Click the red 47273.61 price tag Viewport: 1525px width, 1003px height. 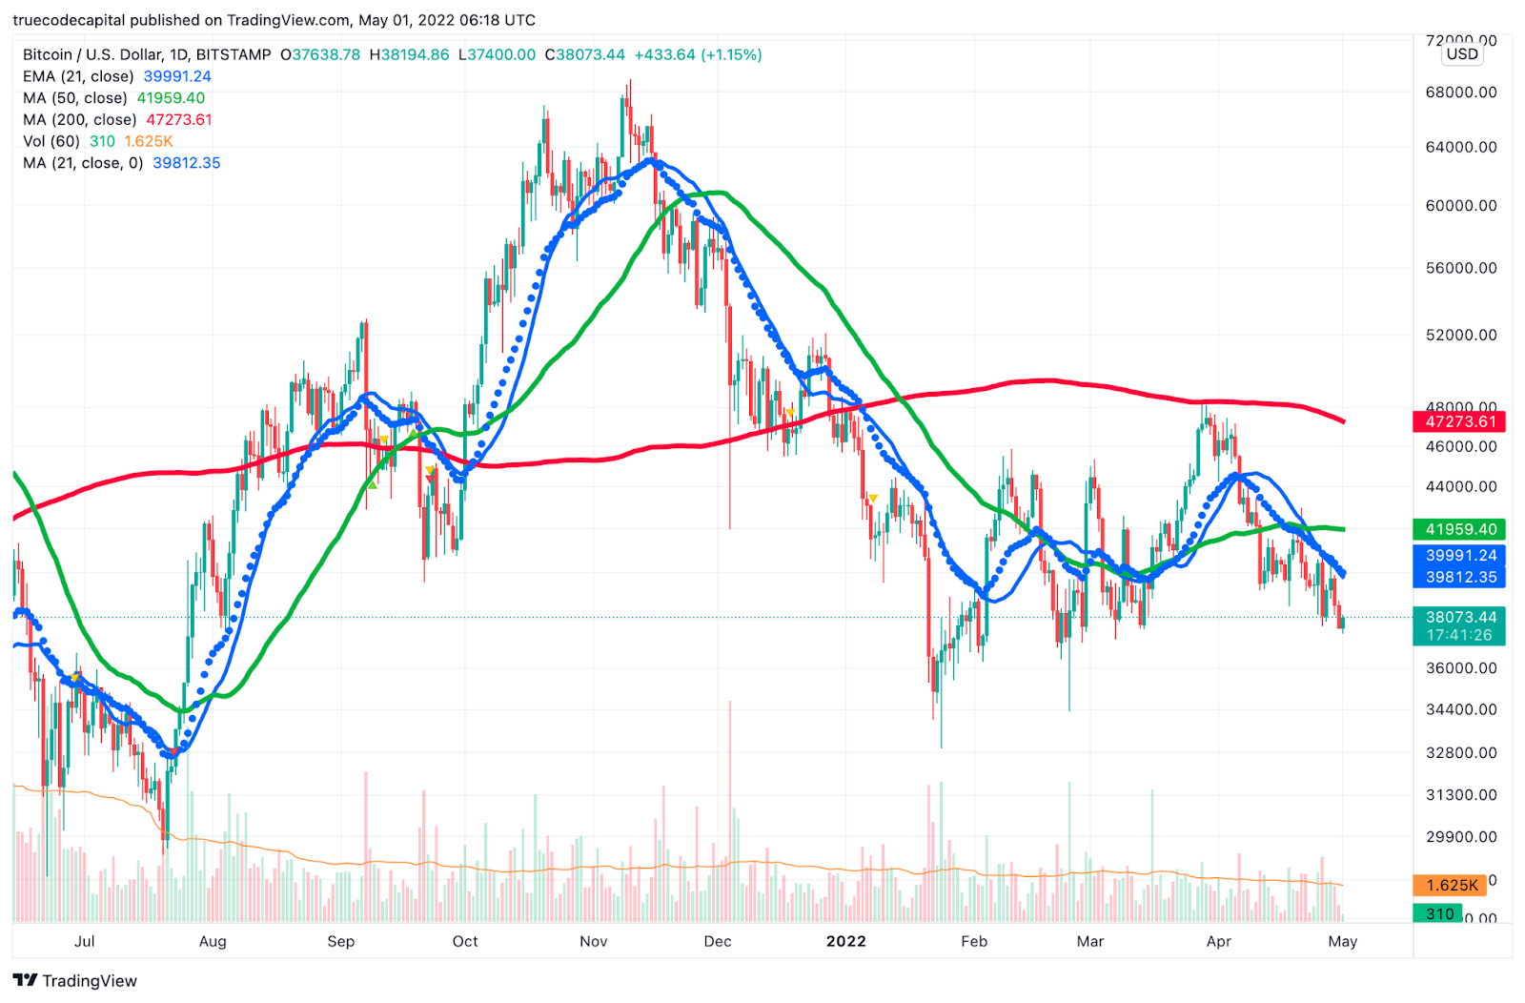point(1459,421)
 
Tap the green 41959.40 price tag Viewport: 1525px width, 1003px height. point(1459,529)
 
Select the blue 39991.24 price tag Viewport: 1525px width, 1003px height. point(1459,556)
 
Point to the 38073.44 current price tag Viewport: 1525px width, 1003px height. point(1459,618)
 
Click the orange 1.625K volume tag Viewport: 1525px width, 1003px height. point(1450,886)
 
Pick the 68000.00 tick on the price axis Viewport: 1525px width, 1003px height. point(1460,92)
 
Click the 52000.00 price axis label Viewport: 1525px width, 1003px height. point(1460,335)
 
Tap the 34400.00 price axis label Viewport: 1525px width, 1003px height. point(1460,709)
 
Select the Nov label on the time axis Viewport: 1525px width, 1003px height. point(593,941)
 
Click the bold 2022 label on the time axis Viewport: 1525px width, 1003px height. point(845,941)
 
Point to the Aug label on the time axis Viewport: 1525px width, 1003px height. point(213,941)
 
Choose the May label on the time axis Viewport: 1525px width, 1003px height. point(1342,941)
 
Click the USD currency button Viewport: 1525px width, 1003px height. point(1462,54)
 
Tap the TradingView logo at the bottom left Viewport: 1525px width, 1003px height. point(75,980)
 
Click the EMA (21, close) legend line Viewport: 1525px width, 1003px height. point(116,76)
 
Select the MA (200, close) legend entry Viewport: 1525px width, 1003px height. point(117,120)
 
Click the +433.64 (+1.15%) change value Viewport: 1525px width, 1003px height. point(698,54)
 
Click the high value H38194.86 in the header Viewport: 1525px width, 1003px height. point(409,54)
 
